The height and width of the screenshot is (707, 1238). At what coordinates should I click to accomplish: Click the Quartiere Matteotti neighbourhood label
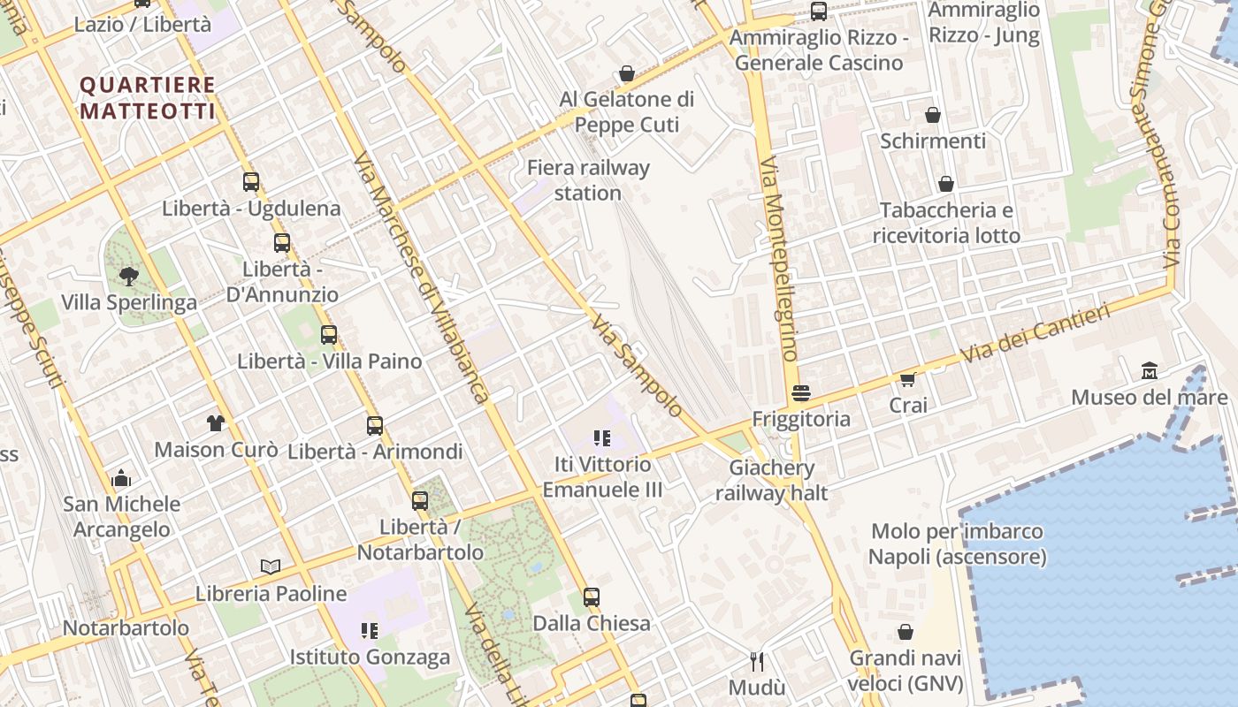(x=148, y=98)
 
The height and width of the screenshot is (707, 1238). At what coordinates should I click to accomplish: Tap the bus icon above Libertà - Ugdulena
(x=251, y=182)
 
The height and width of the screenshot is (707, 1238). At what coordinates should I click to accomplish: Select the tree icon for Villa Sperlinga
(x=129, y=276)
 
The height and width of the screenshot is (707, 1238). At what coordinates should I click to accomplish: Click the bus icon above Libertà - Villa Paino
(x=329, y=335)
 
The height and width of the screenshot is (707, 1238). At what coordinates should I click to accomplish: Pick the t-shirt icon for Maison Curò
(x=216, y=423)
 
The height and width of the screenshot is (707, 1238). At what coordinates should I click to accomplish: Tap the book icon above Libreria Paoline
(x=271, y=566)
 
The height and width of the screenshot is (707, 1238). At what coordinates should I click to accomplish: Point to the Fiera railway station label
(x=588, y=179)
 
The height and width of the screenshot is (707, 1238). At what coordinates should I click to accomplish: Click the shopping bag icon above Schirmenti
(x=933, y=115)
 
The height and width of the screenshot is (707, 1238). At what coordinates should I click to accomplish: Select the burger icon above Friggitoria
(x=801, y=393)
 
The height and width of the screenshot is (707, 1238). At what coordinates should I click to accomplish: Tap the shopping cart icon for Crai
(x=907, y=379)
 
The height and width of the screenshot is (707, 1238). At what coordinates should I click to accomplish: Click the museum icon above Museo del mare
(x=1150, y=370)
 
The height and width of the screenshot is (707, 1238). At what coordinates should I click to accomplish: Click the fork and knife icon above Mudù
(x=757, y=661)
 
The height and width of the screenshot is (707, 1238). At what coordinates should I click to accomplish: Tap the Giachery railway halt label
(x=771, y=480)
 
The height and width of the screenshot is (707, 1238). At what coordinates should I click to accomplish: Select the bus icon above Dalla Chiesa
(x=591, y=597)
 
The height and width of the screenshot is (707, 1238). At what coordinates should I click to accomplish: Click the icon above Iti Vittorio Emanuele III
(x=602, y=437)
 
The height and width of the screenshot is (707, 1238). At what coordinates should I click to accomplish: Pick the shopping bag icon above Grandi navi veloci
(x=906, y=632)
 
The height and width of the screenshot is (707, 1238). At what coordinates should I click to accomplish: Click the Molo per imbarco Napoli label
(x=957, y=544)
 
